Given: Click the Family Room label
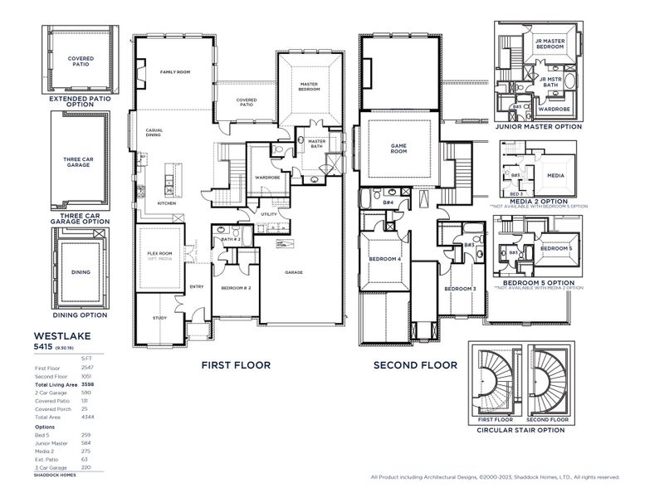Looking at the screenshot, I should point(175,72).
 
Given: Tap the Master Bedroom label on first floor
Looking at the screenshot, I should point(309,85).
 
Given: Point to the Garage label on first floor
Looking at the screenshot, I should point(293,272).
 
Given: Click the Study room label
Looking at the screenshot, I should point(159,318).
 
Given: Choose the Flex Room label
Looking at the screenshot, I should point(159,253).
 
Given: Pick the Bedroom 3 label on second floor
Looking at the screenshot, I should point(459,288).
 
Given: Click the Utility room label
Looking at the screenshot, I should point(268,214).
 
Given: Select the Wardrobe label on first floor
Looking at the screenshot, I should point(266,177).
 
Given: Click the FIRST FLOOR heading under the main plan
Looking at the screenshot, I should point(236,364).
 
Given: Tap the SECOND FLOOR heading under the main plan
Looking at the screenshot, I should point(415,364).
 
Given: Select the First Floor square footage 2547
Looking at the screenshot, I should point(88,366).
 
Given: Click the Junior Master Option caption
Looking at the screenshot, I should point(538,126).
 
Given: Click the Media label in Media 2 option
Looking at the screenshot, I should point(555,176).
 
